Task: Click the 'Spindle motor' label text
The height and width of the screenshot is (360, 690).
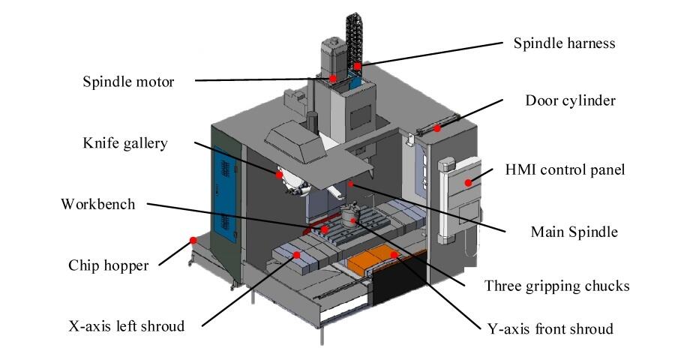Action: click(x=127, y=82)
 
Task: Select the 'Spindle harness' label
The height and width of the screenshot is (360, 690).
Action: click(x=564, y=43)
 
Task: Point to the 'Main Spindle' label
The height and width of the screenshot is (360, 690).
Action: click(x=574, y=232)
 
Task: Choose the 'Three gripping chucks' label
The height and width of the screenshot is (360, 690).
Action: click(x=556, y=286)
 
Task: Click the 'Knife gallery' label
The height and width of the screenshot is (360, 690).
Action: click(x=125, y=143)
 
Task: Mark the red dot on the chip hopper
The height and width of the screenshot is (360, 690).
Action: click(x=193, y=241)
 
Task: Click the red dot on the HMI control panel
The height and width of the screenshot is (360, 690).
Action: click(x=468, y=181)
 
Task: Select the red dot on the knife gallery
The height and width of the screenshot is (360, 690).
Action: click(x=278, y=174)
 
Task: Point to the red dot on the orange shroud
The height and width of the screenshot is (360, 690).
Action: click(x=391, y=255)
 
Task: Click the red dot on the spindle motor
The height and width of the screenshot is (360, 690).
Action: click(x=333, y=77)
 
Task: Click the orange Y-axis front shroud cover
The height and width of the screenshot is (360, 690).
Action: click(x=375, y=261)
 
